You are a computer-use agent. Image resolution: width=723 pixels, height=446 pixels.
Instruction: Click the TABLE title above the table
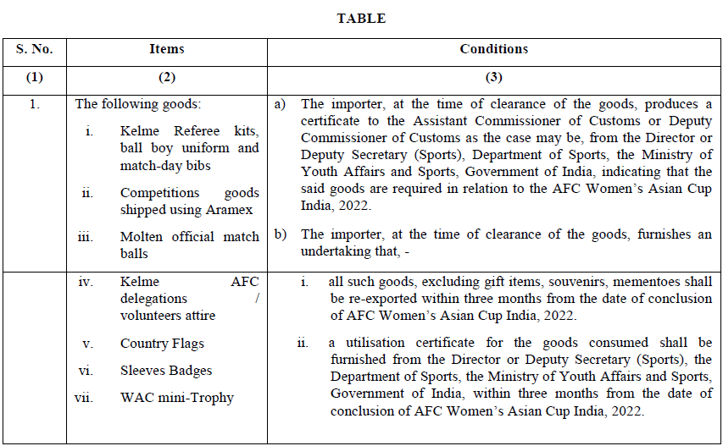coord(361,19)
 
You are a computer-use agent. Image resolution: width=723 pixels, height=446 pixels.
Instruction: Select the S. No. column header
coord(34,49)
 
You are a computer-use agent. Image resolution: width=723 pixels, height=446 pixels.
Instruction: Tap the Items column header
coord(167,49)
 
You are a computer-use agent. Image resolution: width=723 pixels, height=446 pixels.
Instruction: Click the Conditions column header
coord(494,49)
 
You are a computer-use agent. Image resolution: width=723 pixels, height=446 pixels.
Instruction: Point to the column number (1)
coord(34,78)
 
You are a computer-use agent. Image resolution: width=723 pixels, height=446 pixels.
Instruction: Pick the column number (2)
coord(167,78)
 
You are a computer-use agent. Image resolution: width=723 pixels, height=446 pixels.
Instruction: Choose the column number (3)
coord(494,78)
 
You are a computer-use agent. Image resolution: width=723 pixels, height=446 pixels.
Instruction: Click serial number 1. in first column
coord(34,105)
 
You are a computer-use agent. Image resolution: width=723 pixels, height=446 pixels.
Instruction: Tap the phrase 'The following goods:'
coord(128,105)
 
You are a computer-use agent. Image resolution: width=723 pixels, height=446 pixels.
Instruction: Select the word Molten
coord(142,237)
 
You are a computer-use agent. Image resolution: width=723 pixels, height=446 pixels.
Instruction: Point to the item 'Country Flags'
coord(162,344)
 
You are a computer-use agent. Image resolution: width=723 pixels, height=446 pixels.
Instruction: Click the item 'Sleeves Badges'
coord(166,371)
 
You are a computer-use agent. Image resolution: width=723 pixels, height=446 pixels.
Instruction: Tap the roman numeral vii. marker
coord(84,398)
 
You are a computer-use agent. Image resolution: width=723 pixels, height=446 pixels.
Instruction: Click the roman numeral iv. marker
coord(86,283)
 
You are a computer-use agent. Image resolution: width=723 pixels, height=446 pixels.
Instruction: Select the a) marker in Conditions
coord(280,105)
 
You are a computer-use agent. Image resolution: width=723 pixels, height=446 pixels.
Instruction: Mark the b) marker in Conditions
coord(280,235)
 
